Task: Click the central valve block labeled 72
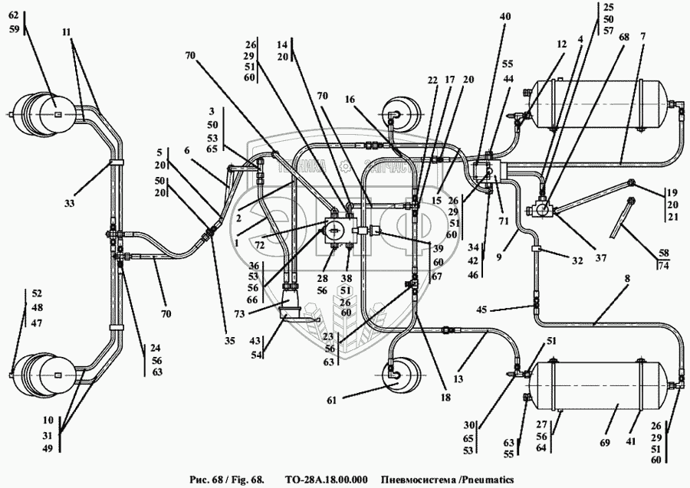click(x=335, y=229)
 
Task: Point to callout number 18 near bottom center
click(x=445, y=398)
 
